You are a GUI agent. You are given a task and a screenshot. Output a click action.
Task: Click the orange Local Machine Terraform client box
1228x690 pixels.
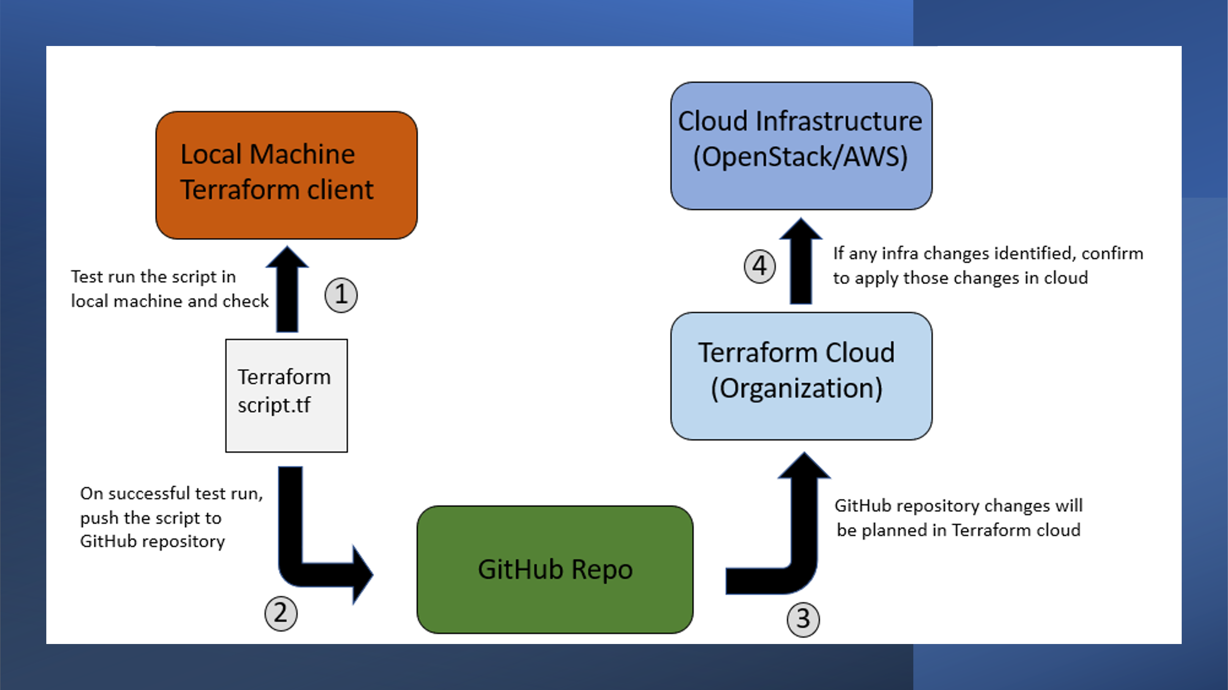tap(286, 175)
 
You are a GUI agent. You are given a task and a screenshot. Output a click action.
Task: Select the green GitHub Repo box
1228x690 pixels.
tap(555, 570)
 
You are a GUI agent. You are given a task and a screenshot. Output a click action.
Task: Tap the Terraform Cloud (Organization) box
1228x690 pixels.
tap(801, 376)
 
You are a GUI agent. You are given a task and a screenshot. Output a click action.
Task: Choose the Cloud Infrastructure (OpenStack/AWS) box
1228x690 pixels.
tap(801, 146)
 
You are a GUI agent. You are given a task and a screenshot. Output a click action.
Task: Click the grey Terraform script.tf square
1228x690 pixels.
tap(286, 396)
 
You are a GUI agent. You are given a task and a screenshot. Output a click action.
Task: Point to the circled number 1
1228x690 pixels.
tap(341, 295)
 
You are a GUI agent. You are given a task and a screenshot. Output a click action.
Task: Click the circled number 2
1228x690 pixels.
tap(281, 613)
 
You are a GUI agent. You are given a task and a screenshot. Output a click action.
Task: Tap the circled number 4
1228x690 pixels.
tap(760, 266)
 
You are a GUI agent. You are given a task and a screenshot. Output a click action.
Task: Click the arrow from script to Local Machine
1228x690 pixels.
tap(287, 289)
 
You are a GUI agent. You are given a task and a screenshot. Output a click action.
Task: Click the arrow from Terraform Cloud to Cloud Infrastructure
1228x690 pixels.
tap(801, 261)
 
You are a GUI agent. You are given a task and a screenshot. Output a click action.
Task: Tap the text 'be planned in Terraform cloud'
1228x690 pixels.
tap(959, 530)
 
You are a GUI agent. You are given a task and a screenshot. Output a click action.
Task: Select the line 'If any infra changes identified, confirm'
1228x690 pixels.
tap(988, 253)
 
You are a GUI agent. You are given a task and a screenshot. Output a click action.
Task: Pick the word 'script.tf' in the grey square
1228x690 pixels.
tap(274, 405)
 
